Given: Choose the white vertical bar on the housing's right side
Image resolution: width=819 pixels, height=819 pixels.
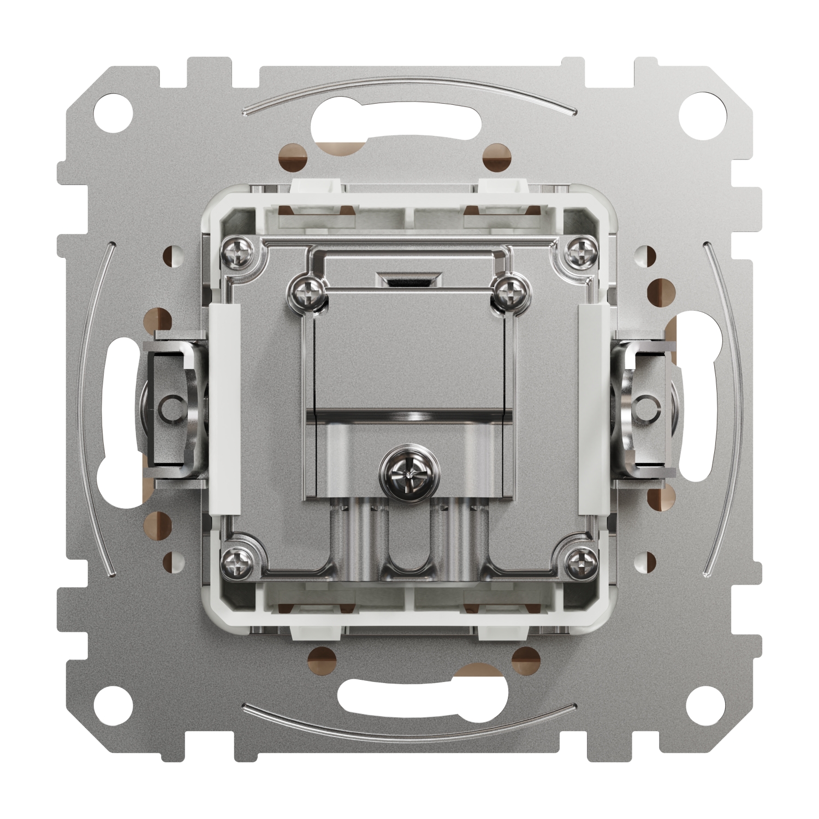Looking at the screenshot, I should (593, 410).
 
